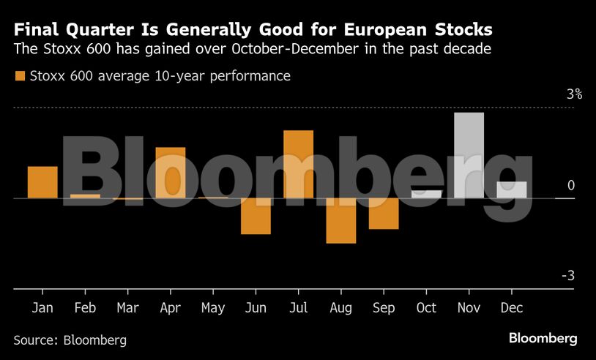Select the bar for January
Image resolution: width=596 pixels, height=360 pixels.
click(42, 182)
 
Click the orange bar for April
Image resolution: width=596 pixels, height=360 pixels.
click(170, 173)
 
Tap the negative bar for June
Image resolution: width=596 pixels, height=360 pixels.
click(256, 216)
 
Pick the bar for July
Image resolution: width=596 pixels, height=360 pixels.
click(298, 165)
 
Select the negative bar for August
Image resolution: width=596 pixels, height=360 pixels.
click(340, 220)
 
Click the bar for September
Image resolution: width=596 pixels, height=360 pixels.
click(384, 214)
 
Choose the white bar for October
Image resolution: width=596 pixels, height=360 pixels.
click(426, 194)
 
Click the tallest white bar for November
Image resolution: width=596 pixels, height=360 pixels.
click(469, 155)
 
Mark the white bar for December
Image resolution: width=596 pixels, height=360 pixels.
click(511, 190)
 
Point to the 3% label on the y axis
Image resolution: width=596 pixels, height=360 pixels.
click(573, 94)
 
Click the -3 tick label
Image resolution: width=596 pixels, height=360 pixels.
click(568, 276)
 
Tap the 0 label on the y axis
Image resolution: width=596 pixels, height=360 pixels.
click(571, 186)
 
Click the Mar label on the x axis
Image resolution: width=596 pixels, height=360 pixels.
click(127, 308)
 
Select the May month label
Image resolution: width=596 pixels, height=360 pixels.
click(212, 308)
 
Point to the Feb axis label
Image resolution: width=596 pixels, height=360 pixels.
click(85, 308)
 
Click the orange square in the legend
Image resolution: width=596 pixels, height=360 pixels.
click(19, 76)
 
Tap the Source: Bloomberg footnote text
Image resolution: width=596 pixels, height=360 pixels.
click(70, 340)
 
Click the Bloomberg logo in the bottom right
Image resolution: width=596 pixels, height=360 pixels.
click(543, 338)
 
